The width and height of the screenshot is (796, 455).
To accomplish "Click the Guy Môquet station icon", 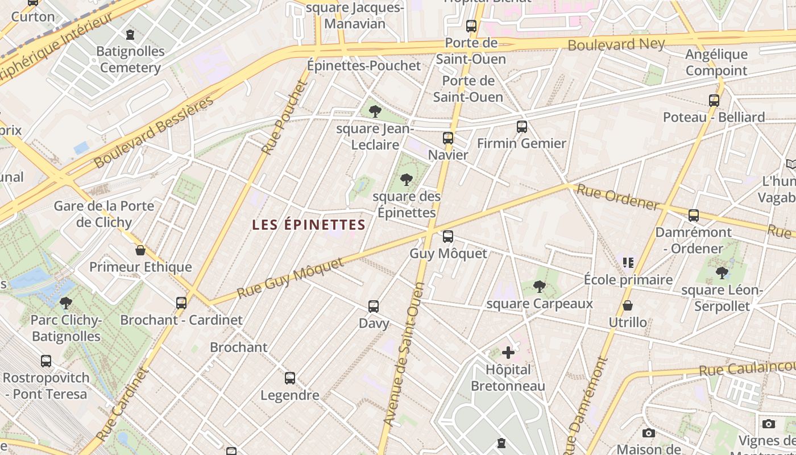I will [448, 236].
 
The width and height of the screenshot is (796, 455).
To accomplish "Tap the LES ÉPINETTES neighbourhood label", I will [309, 225].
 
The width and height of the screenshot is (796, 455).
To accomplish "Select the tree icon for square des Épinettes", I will [406, 180].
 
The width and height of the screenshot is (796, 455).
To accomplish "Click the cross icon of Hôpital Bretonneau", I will [508, 353].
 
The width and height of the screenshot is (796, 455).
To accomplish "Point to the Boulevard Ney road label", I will [616, 44].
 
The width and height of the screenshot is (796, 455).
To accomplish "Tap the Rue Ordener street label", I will [618, 197].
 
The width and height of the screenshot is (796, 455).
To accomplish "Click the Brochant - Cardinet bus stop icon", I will [181, 303].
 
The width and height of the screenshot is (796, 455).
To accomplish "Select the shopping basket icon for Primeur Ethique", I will [140, 250].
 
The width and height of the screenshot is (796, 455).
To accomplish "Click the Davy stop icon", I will [374, 307].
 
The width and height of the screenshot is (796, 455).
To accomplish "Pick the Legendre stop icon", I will [290, 378].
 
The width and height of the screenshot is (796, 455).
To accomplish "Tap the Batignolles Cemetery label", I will [130, 59].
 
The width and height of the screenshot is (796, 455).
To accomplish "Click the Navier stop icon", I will [448, 138].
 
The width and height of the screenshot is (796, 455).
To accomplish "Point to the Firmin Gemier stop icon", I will [521, 127].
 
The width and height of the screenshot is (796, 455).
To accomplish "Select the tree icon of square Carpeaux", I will [540, 287].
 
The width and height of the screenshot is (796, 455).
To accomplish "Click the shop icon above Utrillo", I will [628, 306].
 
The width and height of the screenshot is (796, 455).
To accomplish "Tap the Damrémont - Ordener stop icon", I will [693, 216].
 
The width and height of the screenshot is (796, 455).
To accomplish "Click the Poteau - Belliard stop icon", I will [714, 101].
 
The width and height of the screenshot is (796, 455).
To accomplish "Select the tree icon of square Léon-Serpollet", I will [722, 273].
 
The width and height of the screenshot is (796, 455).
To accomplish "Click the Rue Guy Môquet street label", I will [291, 278].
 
